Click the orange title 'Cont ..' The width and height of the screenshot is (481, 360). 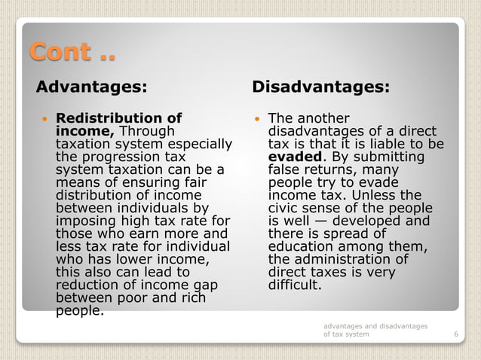pos(72,53)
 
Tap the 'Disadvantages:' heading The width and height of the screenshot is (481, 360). pos(320,87)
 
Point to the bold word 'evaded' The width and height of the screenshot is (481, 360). pos(296,157)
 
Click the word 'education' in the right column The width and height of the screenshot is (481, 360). pos(301,246)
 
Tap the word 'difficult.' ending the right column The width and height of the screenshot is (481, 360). pos(295,285)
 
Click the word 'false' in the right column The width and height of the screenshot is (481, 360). pos(285,169)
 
